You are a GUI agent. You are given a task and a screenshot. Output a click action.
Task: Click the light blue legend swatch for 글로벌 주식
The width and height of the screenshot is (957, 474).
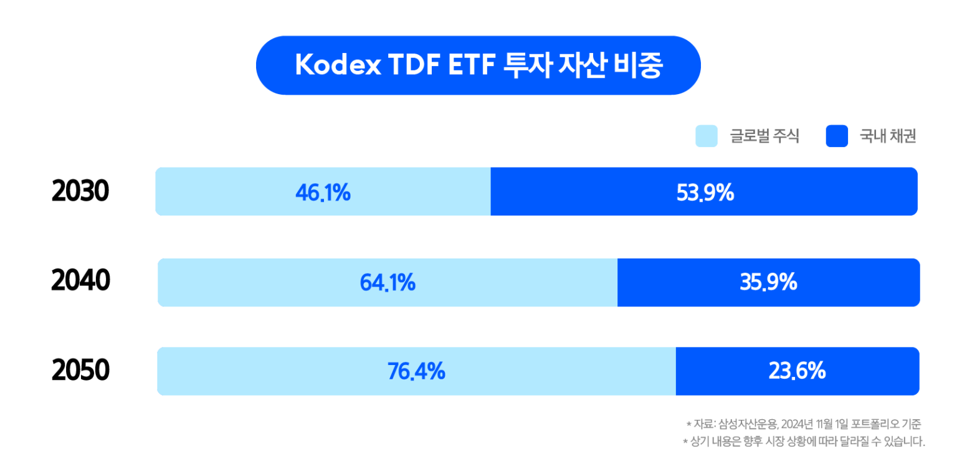click(x=706, y=136)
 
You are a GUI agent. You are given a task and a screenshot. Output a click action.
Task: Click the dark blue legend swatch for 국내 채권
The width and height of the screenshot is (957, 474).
click(x=837, y=136)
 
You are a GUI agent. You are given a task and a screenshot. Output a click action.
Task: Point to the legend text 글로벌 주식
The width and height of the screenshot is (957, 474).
click(x=764, y=136)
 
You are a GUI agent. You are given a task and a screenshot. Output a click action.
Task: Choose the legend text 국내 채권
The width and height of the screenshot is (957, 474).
click(x=888, y=136)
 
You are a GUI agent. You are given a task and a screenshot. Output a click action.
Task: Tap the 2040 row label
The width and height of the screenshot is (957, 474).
click(x=80, y=282)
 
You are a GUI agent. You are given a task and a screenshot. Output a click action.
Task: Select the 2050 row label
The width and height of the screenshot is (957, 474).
click(x=80, y=371)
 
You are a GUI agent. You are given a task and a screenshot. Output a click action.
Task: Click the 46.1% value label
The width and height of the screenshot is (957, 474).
click(x=323, y=193)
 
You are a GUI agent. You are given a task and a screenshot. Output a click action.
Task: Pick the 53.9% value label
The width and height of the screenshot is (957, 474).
click(x=705, y=193)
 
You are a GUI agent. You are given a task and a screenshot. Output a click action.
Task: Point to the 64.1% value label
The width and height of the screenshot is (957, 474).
click(x=388, y=283)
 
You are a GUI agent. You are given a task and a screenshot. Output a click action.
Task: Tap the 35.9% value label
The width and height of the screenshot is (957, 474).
click(x=768, y=283)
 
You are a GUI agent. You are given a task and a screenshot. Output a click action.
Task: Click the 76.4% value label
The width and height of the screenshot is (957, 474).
click(x=416, y=372)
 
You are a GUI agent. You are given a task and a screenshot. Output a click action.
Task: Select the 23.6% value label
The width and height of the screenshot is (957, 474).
click(x=797, y=372)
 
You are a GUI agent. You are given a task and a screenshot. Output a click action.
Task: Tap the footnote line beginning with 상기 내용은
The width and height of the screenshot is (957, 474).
click(x=804, y=442)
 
